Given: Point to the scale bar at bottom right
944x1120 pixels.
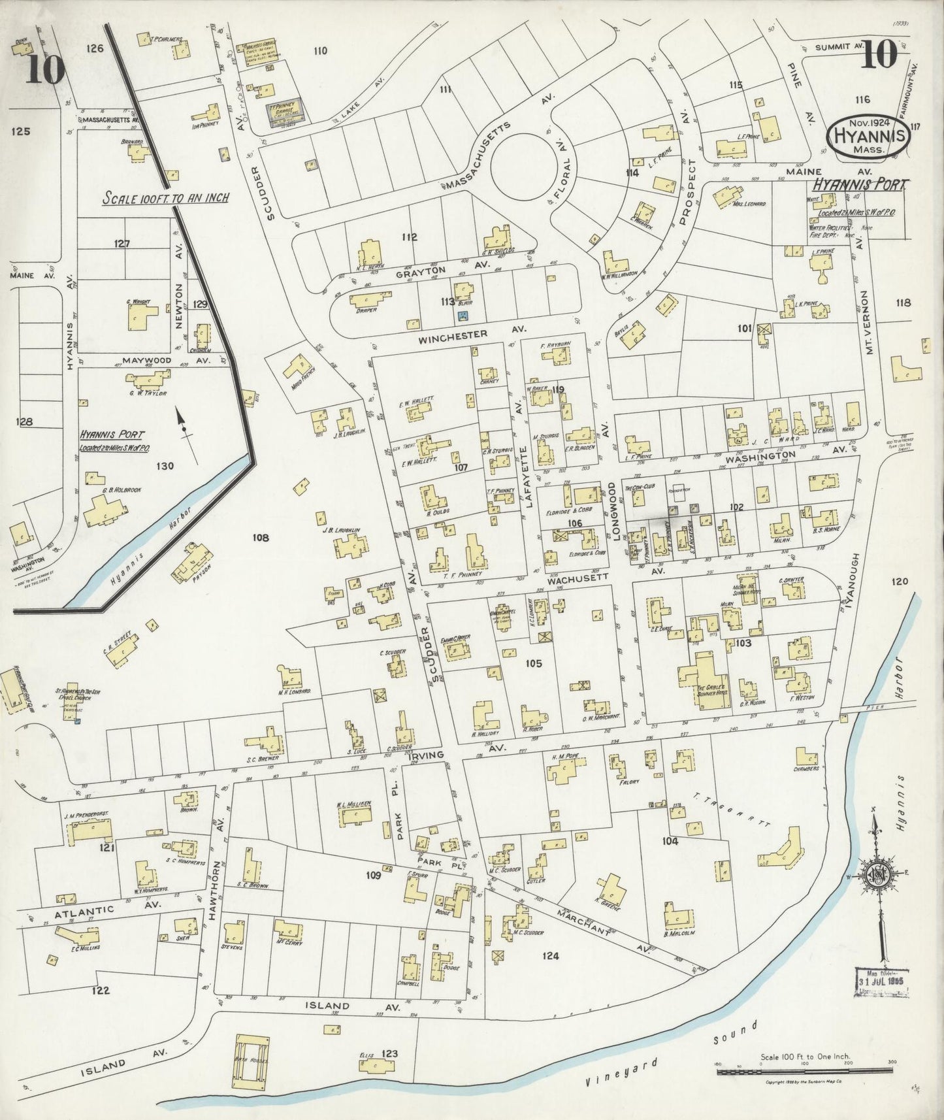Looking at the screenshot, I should point(806,1070).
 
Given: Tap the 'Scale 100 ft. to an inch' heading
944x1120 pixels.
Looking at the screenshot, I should point(165,197).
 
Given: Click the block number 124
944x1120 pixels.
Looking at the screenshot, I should point(551,956).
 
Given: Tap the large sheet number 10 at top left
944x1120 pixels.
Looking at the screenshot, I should point(45,70).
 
